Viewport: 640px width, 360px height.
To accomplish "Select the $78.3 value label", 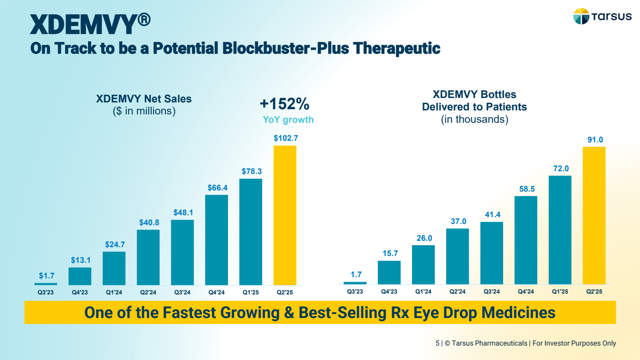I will pos(252,171).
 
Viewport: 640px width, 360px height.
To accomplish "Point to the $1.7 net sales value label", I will pos(46,276).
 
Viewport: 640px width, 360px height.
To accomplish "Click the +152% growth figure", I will pos(284,104).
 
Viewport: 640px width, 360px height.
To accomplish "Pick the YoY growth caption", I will pos(288,120).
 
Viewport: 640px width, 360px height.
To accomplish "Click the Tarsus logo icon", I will pos(581,16).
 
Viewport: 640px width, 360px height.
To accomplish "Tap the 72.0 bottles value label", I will pos(561,168).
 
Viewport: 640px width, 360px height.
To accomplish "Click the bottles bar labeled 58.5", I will pos(526,240).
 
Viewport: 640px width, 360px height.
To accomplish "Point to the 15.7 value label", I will pos(390,253).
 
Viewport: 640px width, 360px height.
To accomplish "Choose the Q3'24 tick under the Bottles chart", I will pos(492,292).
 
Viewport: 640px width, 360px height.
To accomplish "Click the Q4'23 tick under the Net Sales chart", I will pos(80,292).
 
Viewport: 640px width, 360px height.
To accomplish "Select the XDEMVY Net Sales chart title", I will pos(144,99).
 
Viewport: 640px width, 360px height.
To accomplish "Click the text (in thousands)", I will pos(474,119).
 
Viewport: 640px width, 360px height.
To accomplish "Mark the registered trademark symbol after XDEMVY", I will pos(144,19).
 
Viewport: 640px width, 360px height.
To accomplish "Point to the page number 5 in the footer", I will pos(437,343).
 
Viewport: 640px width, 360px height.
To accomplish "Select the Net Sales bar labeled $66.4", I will pos(216,240).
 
